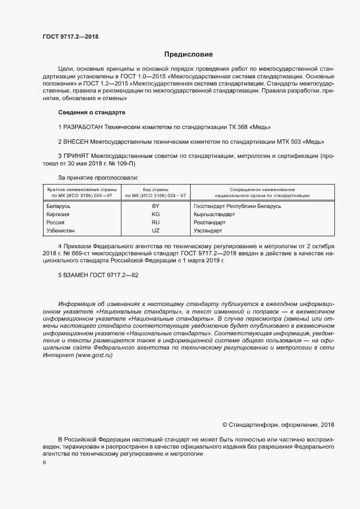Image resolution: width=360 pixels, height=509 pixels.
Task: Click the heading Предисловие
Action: tap(188, 54)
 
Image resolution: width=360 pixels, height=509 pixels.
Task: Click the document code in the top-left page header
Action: tap(70, 38)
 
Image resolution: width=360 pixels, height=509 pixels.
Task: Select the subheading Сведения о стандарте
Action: tap(91, 112)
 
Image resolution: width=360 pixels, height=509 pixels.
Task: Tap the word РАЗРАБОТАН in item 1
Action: tap(82, 127)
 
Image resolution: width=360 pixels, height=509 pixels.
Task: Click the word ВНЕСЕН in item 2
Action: tap(77, 142)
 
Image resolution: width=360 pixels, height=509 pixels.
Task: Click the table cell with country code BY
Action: tap(155, 206)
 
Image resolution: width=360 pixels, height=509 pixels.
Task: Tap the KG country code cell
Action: tap(155, 214)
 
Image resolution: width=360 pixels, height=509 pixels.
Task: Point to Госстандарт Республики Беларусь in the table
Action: tap(237, 206)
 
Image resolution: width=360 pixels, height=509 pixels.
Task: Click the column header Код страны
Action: tap(155, 188)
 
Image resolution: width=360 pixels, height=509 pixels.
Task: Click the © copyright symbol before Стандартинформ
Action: tap(225, 425)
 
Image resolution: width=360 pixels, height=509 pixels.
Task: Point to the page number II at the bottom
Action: tap(45, 463)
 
